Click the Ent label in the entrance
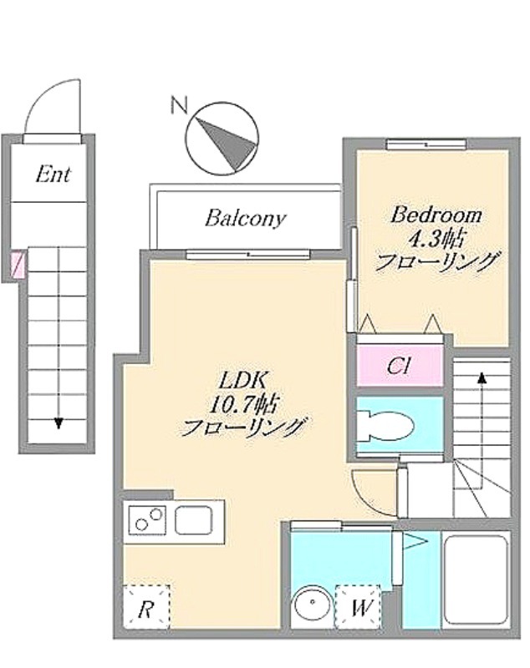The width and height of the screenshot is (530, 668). pos(53,175)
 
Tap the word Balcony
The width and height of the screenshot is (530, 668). pos(245,218)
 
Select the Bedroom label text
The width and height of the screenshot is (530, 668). pos(436,215)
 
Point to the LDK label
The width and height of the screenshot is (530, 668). pos(242,380)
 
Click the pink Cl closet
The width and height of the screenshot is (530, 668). pos(400,366)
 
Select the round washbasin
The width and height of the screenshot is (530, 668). pos(313,603)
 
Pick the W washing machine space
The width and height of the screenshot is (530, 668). pos(357,607)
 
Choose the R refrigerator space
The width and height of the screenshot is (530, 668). pos(146,607)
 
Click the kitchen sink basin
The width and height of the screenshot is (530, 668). pos(194,519)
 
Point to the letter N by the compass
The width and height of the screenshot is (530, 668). pos(179,105)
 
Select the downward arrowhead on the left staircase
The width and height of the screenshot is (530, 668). pos(59,423)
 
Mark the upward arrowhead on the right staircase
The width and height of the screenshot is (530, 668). pos(482,377)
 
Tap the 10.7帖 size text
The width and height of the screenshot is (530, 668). pos(243,403)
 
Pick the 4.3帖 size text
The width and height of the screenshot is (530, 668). pos(436,239)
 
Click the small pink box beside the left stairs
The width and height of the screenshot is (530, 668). pos(16,265)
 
